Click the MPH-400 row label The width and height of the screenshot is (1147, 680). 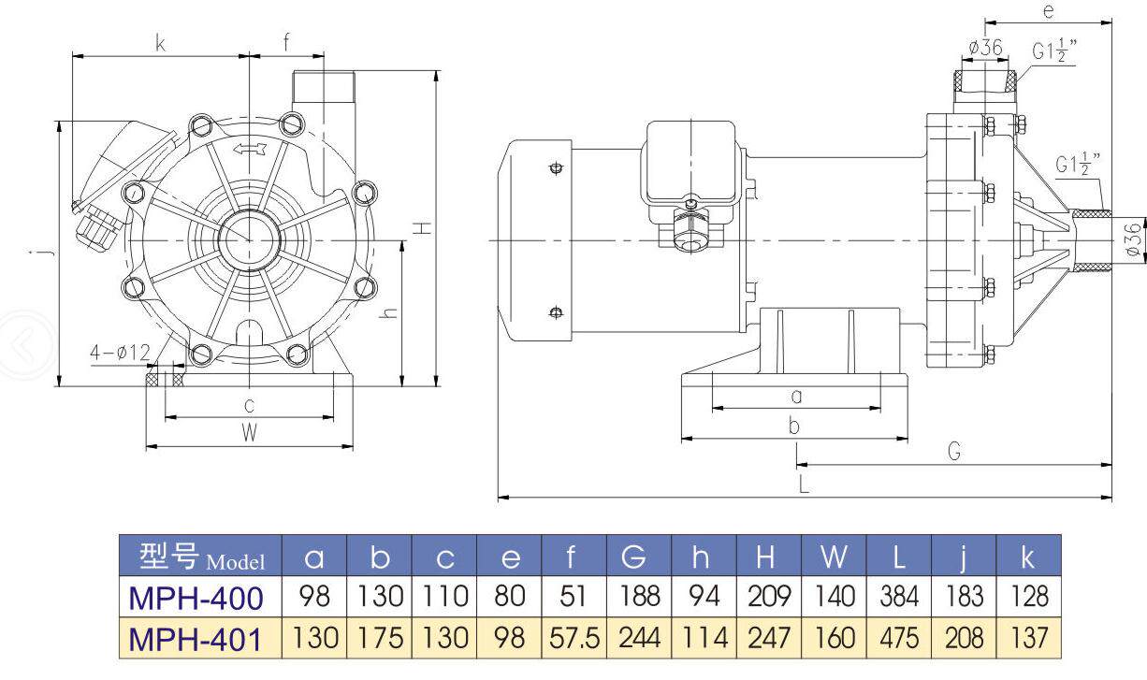coord(196,598)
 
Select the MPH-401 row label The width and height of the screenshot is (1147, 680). coord(196,639)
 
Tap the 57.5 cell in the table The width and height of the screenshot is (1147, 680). coord(574,639)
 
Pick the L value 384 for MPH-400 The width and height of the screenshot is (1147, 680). coord(899,597)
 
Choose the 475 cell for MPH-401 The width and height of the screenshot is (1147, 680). coord(899,639)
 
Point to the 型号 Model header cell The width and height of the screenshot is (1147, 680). coord(201,557)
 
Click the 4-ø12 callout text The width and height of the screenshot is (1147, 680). coord(121,353)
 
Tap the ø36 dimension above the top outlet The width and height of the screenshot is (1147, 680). coord(985,48)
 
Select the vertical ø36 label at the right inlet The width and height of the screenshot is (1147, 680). coord(1134,239)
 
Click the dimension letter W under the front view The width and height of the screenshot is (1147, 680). coord(250,433)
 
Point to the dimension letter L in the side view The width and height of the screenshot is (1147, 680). coord(804,484)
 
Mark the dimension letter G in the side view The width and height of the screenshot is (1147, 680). coord(954,452)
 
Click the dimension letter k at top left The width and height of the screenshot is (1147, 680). coord(160,44)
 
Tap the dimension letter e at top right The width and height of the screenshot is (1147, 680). coord(1049,11)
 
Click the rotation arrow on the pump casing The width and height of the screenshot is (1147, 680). coord(250,149)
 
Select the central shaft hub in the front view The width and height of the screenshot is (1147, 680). coord(250,239)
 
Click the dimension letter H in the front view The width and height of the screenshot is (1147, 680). coord(423,228)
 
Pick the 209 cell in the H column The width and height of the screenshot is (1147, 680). coord(769,597)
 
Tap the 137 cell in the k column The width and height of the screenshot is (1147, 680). coord(1029,639)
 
